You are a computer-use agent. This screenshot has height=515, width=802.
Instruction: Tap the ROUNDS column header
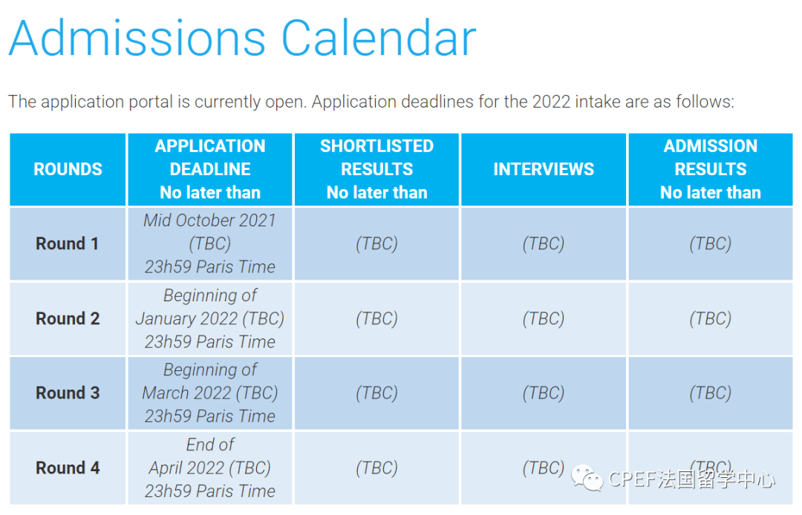point(68,169)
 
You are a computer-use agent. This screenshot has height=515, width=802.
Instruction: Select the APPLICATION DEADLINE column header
point(210,169)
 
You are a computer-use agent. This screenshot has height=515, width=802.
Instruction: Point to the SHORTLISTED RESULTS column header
point(376,169)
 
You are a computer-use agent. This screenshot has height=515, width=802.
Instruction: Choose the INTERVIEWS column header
point(544,169)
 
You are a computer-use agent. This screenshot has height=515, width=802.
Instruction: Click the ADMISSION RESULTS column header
point(711,169)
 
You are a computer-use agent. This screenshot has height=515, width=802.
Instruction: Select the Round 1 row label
point(68,243)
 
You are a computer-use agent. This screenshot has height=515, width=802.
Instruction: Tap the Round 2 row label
point(68,318)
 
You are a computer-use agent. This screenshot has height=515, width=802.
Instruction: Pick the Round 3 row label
point(68,393)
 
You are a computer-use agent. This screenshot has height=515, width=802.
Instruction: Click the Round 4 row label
point(68,468)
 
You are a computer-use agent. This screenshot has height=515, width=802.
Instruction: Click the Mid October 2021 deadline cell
point(210,243)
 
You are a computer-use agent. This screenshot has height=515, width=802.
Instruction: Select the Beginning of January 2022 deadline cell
point(210,318)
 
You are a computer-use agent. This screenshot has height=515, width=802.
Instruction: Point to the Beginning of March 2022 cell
point(210,393)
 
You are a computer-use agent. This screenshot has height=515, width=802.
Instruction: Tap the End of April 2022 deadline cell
point(210,468)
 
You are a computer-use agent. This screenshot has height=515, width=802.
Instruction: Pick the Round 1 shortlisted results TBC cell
point(376,243)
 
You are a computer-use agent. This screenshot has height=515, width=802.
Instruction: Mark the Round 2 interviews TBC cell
point(544,318)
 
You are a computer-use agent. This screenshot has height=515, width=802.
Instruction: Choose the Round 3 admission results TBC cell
point(711,393)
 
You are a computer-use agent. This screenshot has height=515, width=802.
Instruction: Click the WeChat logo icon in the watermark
point(587,479)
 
